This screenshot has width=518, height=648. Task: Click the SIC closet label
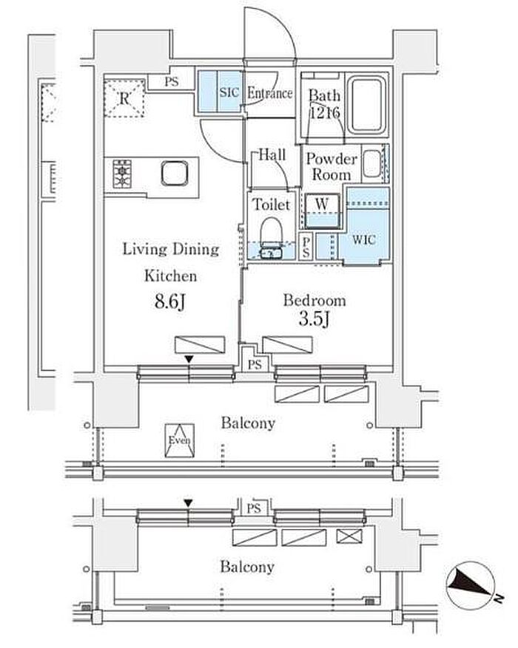pos(229,92)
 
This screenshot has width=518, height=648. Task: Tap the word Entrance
pos(270,93)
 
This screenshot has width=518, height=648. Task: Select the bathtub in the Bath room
pos(366,105)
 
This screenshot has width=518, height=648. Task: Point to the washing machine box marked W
pos(322,209)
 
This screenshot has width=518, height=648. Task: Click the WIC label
pos(363,239)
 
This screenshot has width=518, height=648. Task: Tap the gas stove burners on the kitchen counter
pos(122,174)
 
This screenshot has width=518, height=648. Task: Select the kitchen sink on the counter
pos(175,173)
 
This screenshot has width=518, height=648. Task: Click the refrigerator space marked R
pos(124,98)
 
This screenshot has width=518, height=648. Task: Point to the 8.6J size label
pos(169,301)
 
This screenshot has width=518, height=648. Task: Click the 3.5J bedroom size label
pos(314,318)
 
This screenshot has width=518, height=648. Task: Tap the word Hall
pos(272,155)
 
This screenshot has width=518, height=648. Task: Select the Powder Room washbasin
pos(372,163)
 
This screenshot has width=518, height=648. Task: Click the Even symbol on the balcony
pos(180,440)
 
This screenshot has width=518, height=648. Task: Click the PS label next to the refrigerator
pos(171,81)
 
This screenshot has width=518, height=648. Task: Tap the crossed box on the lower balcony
pos(349,536)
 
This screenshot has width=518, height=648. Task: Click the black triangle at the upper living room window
pos(189,360)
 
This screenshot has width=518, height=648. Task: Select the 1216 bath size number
pos(325,112)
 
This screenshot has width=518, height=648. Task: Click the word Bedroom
pos(314,301)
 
